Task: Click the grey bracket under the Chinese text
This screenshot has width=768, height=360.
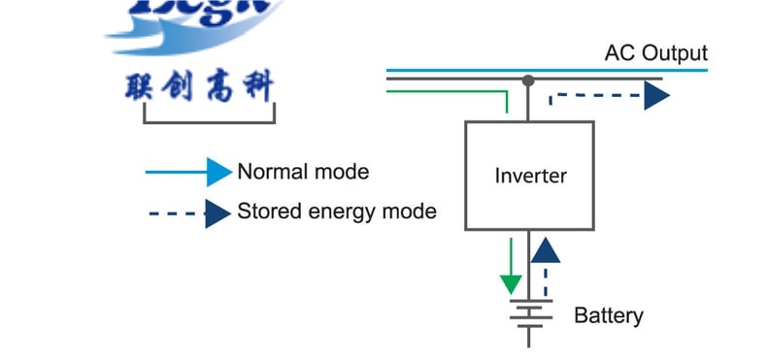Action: [209, 121]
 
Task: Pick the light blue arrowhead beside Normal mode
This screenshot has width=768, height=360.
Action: [219, 173]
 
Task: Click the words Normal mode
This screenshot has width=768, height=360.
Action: [303, 173]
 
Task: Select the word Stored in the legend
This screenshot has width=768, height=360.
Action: [264, 212]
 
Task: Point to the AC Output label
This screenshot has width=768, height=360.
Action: [655, 52]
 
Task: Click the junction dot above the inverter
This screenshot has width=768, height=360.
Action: [528, 80]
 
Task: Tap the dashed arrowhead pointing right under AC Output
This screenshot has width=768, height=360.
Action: [657, 95]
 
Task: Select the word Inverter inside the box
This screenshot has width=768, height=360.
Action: [530, 176]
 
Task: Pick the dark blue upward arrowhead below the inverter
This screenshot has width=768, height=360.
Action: [546, 250]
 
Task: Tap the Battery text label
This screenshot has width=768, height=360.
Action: [608, 315]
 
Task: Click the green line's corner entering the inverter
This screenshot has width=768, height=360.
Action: [506, 93]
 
